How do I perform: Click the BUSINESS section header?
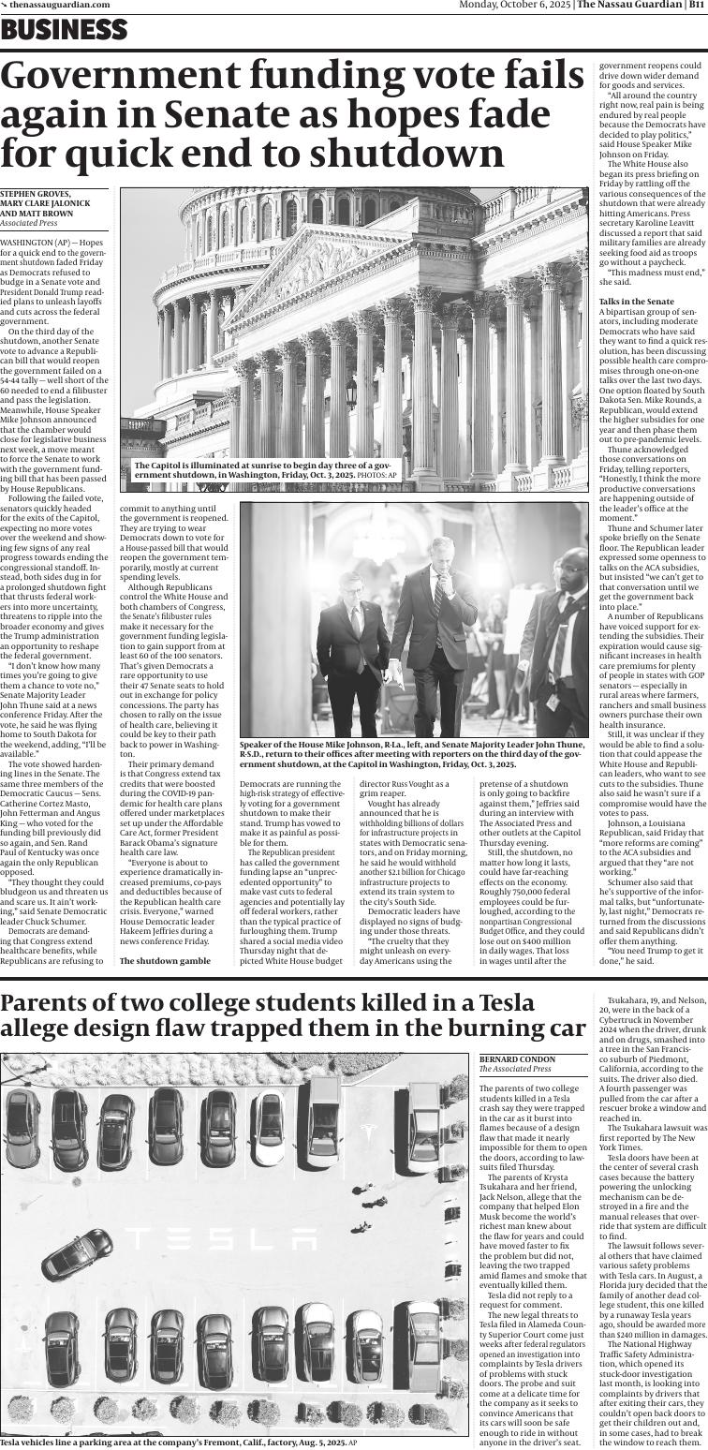[x=64, y=30]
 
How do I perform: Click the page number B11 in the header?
[x=695, y=5]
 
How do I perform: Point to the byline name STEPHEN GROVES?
[x=36, y=194]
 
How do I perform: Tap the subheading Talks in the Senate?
[x=636, y=301]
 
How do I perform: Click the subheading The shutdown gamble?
[x=165, y=961]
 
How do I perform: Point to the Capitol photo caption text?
[x=262, y=470]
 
